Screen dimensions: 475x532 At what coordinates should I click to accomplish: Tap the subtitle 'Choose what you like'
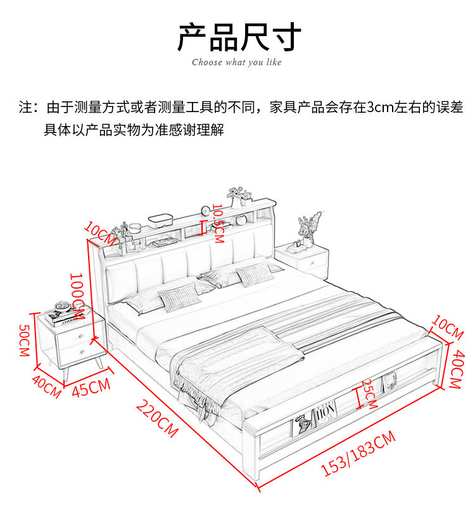click(237, 62)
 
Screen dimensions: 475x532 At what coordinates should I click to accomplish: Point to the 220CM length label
click(158, 419)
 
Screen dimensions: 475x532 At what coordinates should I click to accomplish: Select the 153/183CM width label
click(358, 452)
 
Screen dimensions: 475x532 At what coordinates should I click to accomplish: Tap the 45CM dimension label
click(91, 388)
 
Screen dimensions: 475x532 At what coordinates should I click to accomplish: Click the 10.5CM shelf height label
click(218, 223)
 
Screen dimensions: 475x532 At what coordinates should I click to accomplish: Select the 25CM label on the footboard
click(369, 393)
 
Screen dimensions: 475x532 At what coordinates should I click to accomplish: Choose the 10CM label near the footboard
click(448, 326)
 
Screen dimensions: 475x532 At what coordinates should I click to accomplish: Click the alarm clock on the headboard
click(205, 212)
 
